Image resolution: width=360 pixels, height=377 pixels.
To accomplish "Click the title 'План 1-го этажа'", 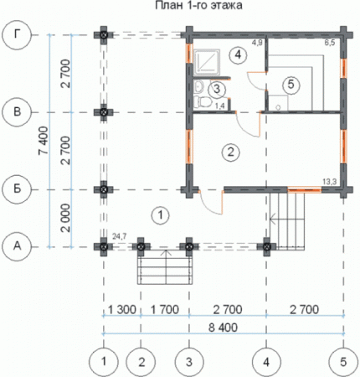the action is pyautogui.click(x=198, y=5).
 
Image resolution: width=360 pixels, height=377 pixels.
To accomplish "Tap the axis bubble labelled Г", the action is pyautogui.click(x=18, y=35).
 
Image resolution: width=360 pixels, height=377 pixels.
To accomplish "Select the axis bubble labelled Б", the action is pyautogui.click(x=18, y=189).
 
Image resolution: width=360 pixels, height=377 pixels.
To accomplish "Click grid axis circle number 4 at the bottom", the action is pyautogui.click(x=266, y=362).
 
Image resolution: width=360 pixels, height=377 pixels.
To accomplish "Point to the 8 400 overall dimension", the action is pyautogui.click(x=223, y=328).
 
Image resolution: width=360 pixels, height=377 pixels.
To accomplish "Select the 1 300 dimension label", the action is pyautogui.click(x=122, y=309).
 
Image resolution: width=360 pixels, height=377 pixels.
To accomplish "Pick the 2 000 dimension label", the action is pyautogui.click(x=65, y=218).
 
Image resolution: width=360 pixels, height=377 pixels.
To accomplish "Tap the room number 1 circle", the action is pyautogui.click(x=161, y=215).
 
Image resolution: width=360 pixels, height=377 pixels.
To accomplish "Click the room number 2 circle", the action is pyautogui.click(x=230, y=152).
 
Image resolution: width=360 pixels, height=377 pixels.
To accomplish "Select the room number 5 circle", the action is pyautogui.click(x=291, y=84).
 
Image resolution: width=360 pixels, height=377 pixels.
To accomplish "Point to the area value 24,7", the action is pyautogui.click(x=119, y=237).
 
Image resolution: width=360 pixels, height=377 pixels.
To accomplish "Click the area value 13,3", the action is pyautogui.click(x=330, y=182).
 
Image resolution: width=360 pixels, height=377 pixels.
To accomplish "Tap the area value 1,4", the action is pyautogui.click(x=220, y=106).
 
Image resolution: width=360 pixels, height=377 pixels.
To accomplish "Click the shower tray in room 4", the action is pyautogui.click(x=207, y=62).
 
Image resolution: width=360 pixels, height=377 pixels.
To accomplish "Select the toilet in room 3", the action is pyautogui.click(x=203, y=101).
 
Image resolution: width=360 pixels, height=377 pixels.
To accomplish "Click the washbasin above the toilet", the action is pyautogui.click(x=198, y=87).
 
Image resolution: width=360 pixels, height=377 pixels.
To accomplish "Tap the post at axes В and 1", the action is pyautogui.click(x=104, y=112).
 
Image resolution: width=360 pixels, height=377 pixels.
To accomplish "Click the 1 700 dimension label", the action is pyautogui.click(x=165, y=309).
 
